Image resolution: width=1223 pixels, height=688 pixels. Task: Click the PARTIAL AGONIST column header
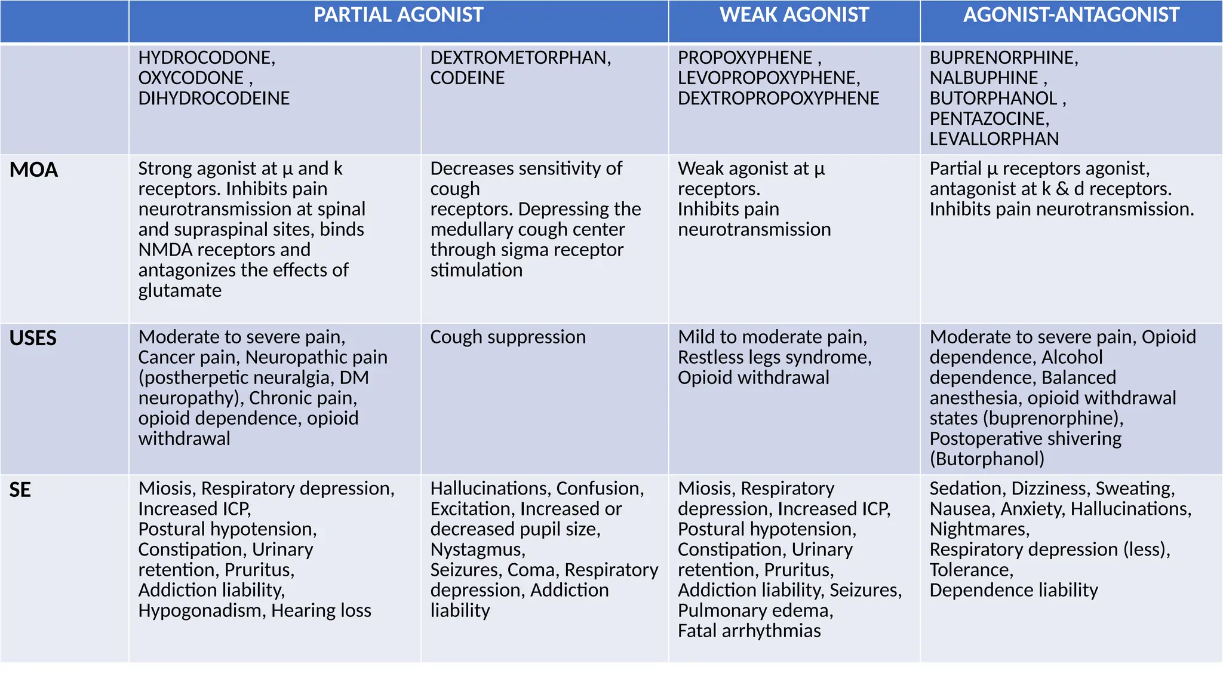pos(398,16)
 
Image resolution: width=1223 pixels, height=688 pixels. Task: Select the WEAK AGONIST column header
pos(794,16)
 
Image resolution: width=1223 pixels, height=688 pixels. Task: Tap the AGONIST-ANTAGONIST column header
pos(1071,16)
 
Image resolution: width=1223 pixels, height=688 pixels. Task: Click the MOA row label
pos(33,170)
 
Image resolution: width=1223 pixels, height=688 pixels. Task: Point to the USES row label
pos(33,339)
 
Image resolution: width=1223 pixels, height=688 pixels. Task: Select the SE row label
pos(20,490)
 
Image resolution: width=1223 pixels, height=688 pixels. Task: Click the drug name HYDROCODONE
pos(205,58)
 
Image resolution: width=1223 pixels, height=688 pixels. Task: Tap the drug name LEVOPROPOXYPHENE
pos(767,78)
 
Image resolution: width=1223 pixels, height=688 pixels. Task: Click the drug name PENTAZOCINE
pos(988,119)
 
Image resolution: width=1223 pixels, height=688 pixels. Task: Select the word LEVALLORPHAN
pos(994,139)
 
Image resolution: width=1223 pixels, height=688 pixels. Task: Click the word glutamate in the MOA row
pos(180,291)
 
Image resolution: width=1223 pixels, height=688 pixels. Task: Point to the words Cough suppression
pos(508,337)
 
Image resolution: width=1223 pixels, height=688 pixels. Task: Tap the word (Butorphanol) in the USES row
pos(987,459)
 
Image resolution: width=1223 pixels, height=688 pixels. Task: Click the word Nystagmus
pos(477,550)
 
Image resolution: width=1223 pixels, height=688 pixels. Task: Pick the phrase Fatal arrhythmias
pos(749,631)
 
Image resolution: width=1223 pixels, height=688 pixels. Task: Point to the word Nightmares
pos(978,530)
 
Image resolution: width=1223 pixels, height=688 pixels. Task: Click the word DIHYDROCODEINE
pos(214,99)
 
